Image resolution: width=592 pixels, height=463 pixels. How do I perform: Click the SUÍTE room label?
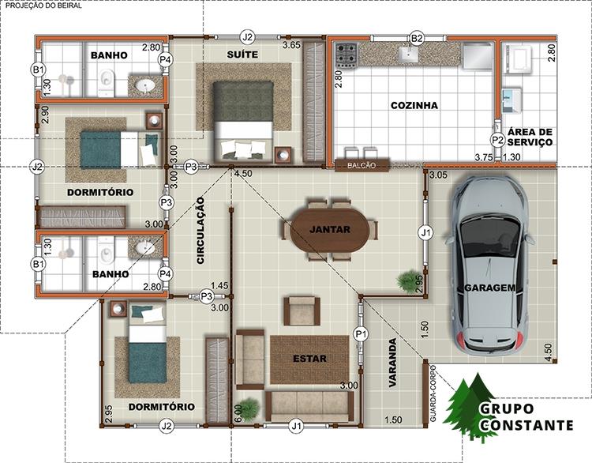[242, 55]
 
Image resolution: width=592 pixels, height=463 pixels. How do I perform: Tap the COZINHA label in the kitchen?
[414, 105]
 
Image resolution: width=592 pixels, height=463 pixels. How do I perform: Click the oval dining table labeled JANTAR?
[330, 230]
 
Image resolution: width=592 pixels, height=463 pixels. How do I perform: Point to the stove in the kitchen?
[347, 55]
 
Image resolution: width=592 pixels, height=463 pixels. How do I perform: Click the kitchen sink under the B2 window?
[408, 54]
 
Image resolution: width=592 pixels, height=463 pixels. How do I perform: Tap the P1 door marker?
[361, 334]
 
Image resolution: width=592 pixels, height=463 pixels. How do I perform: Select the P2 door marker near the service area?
[497, 140]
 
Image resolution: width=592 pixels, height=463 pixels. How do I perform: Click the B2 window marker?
[417, 38]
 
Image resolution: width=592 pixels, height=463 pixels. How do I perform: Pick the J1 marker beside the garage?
[425, 233]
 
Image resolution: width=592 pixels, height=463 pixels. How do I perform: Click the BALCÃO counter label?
[362, 166]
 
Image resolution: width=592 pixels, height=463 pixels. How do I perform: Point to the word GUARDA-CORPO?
[433, 393]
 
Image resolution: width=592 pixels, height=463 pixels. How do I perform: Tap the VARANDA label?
[392, 362]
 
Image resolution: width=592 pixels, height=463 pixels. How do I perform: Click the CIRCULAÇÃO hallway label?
[200, 230]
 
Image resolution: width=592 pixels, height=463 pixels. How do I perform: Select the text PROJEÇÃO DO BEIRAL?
[43, 6]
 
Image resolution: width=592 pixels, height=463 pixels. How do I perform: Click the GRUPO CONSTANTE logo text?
[526, 417]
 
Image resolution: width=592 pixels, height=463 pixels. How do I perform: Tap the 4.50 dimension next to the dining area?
[243, 174]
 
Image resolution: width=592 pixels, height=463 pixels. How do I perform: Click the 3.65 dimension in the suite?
[291, 45]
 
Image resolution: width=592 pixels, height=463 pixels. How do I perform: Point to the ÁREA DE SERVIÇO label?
[530, 137]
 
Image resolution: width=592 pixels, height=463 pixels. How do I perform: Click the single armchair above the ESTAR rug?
[302, 311]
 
